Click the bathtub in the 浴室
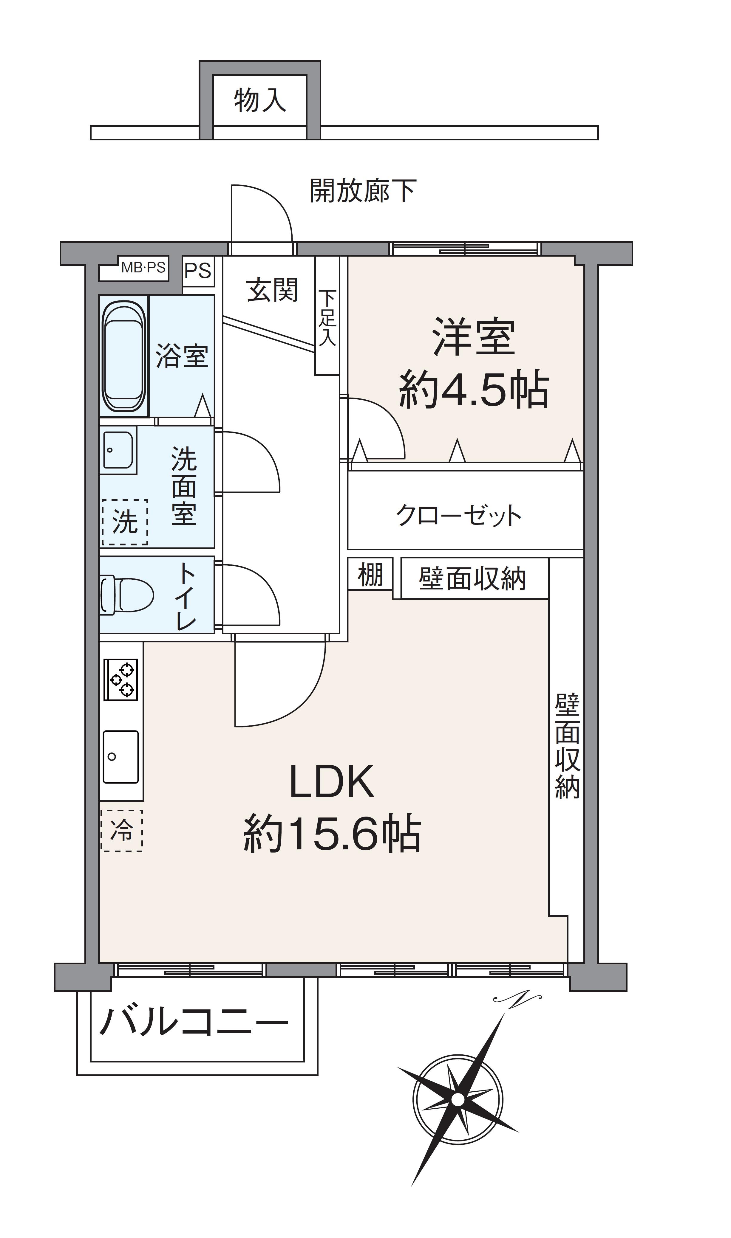coord(124,356)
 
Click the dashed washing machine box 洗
coord(125,522)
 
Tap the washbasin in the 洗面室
coord(118,450)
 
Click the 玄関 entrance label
coord(272,289)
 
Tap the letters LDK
coord(332,782)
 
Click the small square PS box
coord(198,271)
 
